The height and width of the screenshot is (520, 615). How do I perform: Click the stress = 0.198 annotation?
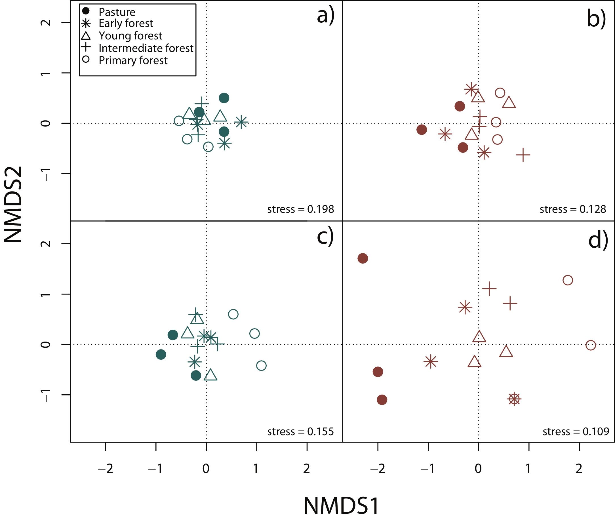[300, 209]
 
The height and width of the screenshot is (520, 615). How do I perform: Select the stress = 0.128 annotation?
[572, 209]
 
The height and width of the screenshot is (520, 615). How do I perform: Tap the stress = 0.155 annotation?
[300, 431]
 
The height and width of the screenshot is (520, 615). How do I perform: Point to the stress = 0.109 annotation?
[576, 431]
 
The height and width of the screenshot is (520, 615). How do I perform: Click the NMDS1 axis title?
[341, 506]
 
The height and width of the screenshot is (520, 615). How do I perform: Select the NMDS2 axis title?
[13, 204]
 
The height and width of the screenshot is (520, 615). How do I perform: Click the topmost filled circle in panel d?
[363, 258]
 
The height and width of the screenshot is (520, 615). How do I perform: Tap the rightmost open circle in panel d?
[591, 345]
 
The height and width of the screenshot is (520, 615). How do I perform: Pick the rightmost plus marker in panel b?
[523, 155]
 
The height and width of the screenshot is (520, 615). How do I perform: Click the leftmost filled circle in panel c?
[161, 354]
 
